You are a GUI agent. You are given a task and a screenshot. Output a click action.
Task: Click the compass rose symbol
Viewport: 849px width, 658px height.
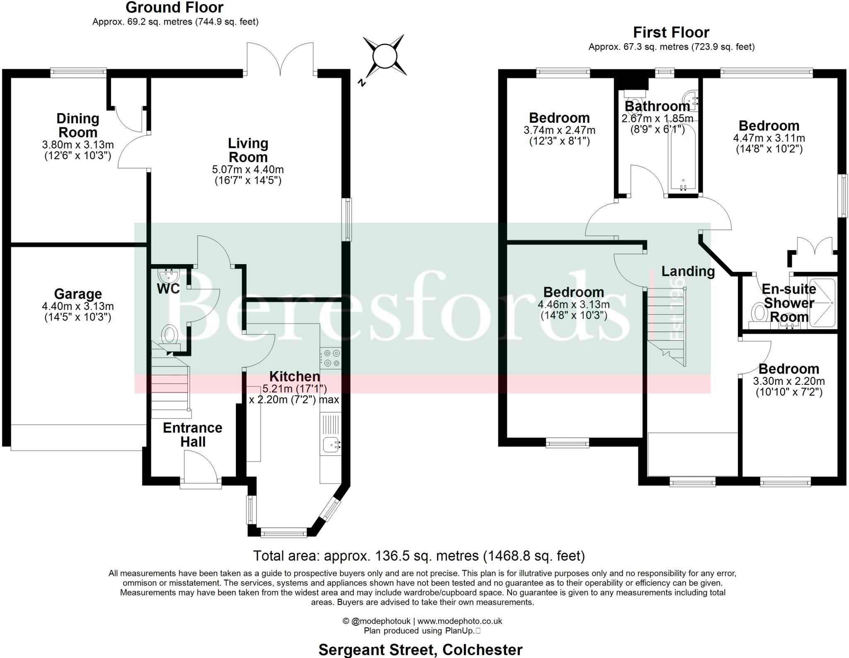point(384,56)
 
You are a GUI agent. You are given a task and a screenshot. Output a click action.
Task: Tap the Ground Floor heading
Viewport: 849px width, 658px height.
point(175,7)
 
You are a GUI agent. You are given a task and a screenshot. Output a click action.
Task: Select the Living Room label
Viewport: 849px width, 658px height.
point(248,150)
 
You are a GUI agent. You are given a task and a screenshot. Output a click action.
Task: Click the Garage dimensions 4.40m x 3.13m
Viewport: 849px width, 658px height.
point(78,306)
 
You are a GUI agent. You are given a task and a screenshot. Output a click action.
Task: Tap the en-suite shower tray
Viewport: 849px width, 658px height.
point(821,303)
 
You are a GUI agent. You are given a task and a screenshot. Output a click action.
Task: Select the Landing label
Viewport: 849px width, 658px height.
point(688,271)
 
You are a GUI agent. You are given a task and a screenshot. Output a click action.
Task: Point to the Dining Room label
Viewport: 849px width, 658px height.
point(78,125)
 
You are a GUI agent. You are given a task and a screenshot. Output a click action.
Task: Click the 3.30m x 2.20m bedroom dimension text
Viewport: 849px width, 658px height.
point(788,381)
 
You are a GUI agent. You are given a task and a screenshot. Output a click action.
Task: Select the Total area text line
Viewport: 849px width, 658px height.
point(419,556)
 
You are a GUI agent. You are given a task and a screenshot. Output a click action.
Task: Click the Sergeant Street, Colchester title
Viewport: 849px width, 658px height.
point(420,649)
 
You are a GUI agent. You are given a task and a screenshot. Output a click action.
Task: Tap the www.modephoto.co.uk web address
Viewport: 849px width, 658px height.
point(459,621)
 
